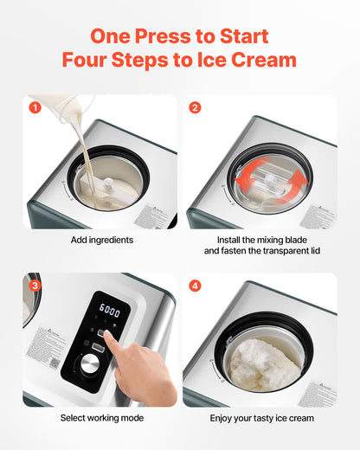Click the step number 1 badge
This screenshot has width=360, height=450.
[x=35, y=108]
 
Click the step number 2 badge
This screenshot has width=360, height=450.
[x=195, y=108]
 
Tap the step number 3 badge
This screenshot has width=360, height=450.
[x=35, y=286]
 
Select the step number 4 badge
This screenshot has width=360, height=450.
[x=195, y=286]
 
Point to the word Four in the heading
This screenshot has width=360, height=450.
[x=88, y=61]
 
